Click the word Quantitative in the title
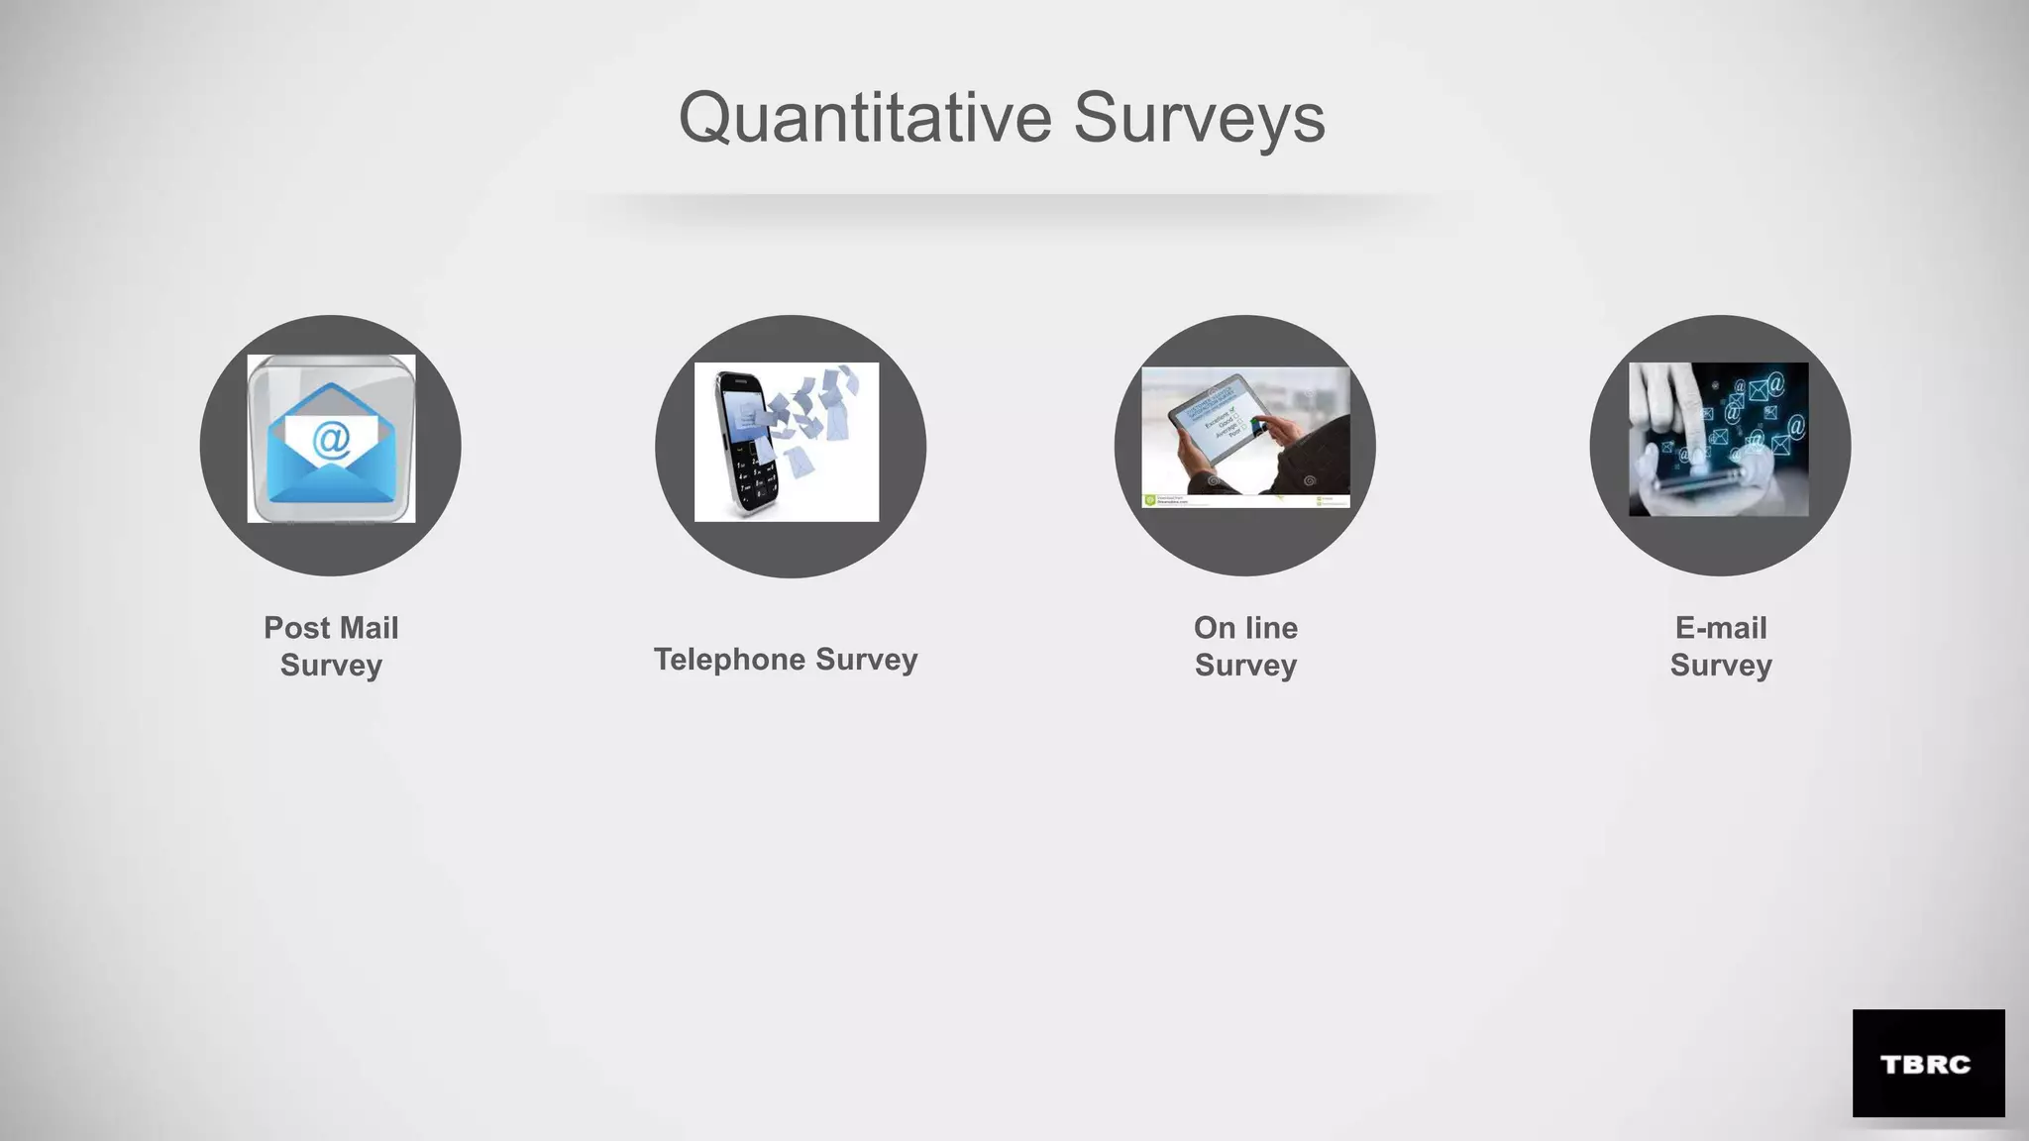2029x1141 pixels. point(864,118)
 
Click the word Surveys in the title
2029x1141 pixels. point(1199,118)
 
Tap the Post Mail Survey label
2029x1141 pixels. point(331,646)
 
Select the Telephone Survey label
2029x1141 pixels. point(786,659)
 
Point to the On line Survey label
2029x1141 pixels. point(1245,646)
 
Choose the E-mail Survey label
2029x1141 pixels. point(1721,646)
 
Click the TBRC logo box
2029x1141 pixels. point(1928,1063)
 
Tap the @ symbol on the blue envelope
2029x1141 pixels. point(331,438)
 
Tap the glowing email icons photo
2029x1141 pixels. point(1718,439)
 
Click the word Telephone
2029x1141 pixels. point(730,659)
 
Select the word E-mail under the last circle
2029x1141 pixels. point(1721,628)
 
